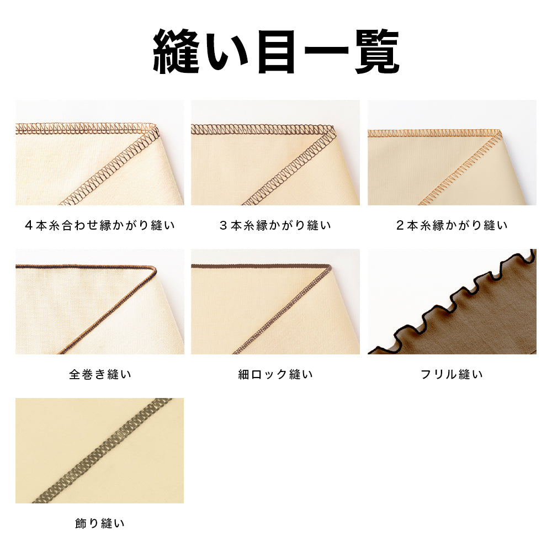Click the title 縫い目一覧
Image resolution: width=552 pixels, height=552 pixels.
276,51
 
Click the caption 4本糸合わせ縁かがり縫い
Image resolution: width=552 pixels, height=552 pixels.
100,225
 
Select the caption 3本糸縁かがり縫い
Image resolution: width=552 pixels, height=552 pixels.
275,225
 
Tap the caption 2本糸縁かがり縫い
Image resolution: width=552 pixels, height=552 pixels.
452,225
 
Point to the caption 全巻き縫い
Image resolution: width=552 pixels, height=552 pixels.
100,374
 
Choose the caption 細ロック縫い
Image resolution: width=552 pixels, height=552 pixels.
275,374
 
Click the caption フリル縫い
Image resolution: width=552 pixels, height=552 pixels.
452,374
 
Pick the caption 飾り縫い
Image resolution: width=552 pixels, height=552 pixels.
100,523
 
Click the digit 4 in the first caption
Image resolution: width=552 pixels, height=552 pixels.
29,225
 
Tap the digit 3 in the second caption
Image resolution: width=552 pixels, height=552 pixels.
223,225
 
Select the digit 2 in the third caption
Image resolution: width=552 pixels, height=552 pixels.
400,225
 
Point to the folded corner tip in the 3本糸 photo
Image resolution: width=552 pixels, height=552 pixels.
333,128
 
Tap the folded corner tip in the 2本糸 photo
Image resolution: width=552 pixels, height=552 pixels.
501,132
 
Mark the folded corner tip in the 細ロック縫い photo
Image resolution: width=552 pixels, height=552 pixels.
331,267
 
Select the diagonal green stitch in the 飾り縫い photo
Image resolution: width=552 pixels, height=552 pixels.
102,450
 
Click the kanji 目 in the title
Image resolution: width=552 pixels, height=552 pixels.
276,51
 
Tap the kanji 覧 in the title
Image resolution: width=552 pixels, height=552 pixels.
376,51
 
